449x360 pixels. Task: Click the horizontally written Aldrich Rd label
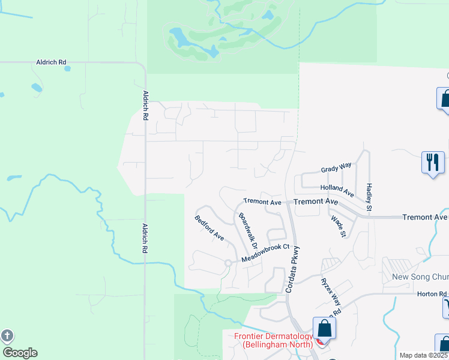coord(50,62)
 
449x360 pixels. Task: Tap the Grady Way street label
coord(336,170)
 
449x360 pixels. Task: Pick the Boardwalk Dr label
coord(247,231)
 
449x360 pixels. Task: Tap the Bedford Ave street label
coord(209,228)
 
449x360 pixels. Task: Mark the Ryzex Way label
coord(330,290)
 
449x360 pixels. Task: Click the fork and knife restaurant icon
coord(432,161)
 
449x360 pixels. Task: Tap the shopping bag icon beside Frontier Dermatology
coord(324,329)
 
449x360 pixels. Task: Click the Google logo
coord(20,353)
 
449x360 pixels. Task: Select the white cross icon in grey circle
coord(7,336)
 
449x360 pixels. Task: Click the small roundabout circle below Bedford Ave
coord(228,263)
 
